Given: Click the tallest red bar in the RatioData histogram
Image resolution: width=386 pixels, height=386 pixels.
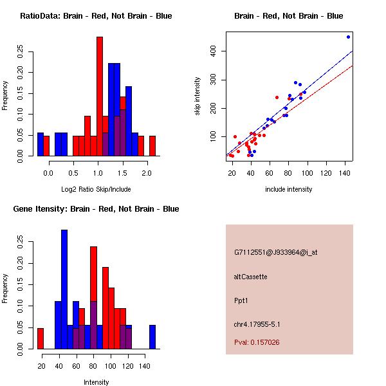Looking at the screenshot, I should point(100,96).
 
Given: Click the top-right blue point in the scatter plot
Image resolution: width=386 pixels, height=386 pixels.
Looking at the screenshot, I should point(348,37).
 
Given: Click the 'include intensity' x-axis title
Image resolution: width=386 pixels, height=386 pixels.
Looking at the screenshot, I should point(289,189).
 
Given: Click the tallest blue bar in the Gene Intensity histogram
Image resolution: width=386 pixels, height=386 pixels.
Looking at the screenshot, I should point(64,289).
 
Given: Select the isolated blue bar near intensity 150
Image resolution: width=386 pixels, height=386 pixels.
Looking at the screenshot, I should point(152,336).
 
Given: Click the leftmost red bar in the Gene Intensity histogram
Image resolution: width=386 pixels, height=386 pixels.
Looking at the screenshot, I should point(40,338).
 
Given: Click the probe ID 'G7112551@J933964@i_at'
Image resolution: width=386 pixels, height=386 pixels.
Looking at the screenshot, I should point(276,252).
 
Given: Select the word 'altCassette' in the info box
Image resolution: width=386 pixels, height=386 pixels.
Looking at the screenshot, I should point(251,277).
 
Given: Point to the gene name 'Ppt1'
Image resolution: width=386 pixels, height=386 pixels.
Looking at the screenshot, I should point(241,300).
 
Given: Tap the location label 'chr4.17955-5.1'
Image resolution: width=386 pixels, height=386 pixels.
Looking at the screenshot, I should point(257,324).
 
